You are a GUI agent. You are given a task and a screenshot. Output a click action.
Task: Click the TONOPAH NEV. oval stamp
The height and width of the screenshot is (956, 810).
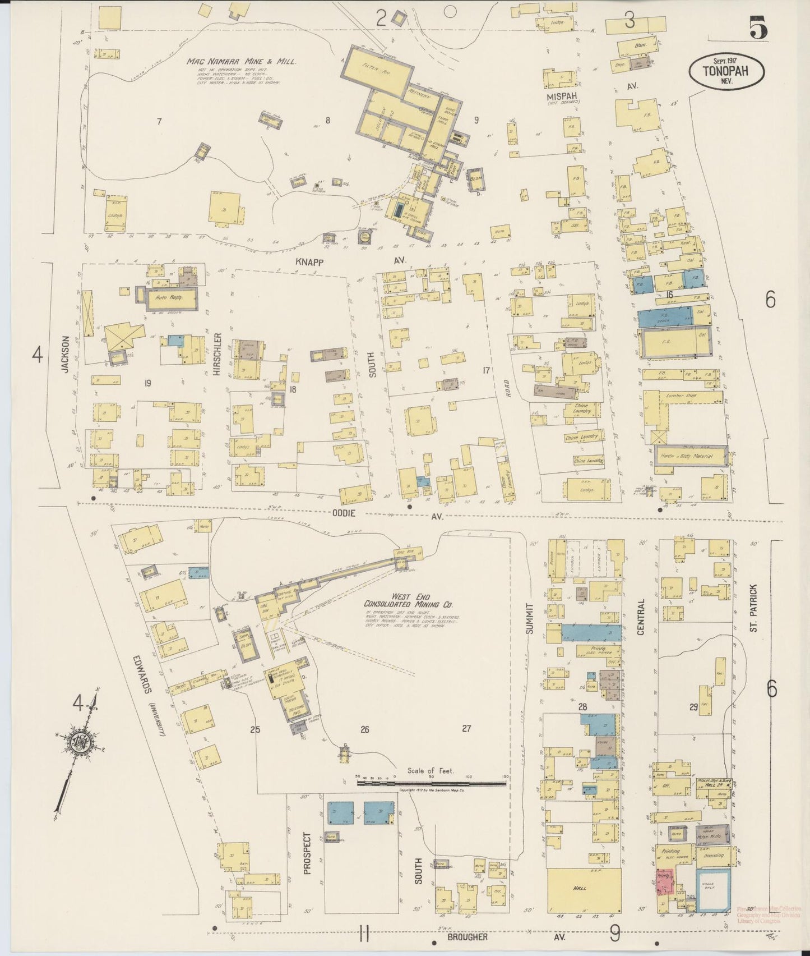coord(726,72)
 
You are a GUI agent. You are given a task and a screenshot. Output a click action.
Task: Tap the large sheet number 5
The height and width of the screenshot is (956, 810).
coord(757,27)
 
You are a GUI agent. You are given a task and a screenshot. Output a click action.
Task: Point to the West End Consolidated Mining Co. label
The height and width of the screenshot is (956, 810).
coord(408,600)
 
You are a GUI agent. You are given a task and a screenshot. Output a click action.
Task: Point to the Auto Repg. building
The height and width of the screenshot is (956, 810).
coord(171,300)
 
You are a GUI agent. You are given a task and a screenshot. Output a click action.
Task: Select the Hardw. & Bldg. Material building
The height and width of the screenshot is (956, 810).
coord(692,456)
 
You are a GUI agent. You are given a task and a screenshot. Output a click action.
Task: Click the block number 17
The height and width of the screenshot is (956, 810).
coord(486,370)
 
